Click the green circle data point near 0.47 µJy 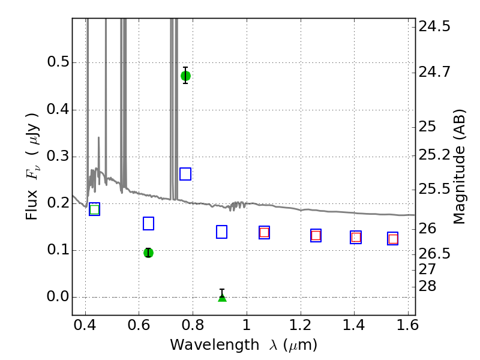[185, 76]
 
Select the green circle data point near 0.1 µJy [148, 253]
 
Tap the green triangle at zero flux [222, 297]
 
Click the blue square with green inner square [95, 209]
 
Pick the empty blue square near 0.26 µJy [185, 174]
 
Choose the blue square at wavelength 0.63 [148, 223]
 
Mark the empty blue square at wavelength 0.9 [221, 232]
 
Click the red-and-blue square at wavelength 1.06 [264, 233]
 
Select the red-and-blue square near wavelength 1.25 [316, 235]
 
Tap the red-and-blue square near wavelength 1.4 [356, 237]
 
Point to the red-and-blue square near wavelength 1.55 [393, 239]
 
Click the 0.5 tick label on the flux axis [58, 62]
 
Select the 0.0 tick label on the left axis [58, 296]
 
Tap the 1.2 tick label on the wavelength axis [301, 325]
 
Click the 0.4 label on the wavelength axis [85, 325]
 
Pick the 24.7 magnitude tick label [434, 72]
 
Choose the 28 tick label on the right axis [427, 286]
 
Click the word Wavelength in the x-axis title [215, 345]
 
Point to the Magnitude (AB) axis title [459, 167]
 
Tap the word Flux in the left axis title [32, 205]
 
